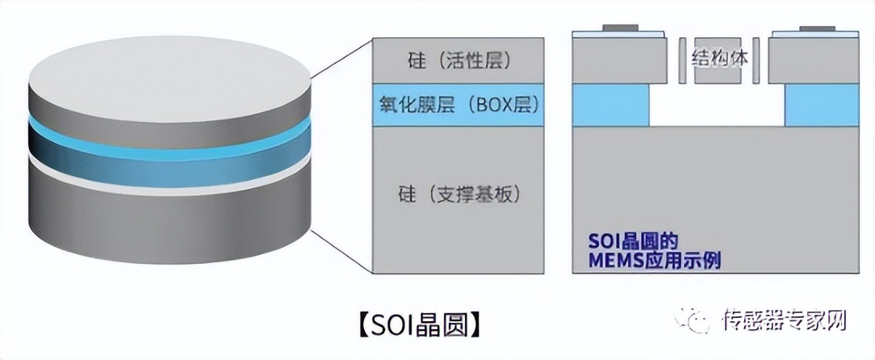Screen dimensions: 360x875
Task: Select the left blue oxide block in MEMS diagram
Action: coord(610,106)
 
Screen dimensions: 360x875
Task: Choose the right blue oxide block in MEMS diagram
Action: coord(819,106)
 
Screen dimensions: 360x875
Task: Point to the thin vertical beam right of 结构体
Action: coord(756,61)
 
